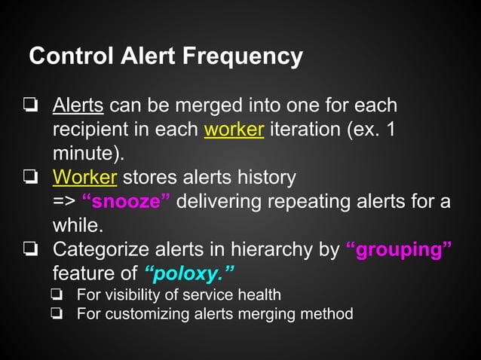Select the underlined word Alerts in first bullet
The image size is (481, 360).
(78, 105)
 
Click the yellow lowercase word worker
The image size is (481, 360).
(234, 129)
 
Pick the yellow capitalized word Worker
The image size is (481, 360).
(84, 178)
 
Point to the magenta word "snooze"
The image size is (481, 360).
(125, 202)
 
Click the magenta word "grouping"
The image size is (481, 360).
(399, 250)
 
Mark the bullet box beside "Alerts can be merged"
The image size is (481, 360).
(30, 105)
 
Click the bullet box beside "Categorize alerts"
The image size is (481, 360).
(30, 250)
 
